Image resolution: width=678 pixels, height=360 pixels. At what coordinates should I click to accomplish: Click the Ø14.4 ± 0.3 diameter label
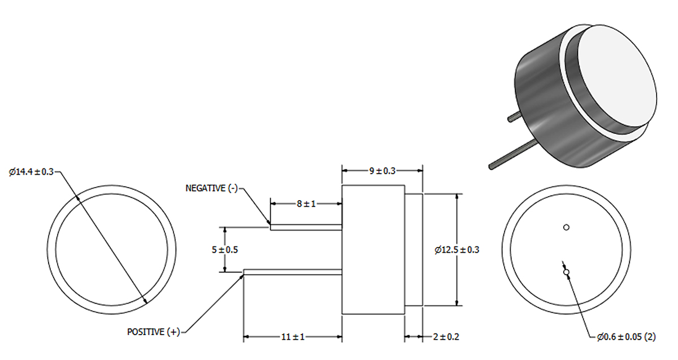pyautogui.click(x=32, y=172)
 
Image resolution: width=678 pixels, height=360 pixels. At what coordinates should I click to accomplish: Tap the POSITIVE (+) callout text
pyautogui.click(x=153, y=332)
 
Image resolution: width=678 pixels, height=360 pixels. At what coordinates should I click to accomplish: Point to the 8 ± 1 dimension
pyautogui.click(x=306, y=203)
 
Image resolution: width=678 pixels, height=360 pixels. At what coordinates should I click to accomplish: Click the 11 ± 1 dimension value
pyautogui.click(x=292, y=337)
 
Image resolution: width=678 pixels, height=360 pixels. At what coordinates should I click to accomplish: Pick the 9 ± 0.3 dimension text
pyautogui.click(x=383, y=171)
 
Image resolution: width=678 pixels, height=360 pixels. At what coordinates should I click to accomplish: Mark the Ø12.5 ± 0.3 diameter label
pyautogui.click(x=457, y=249)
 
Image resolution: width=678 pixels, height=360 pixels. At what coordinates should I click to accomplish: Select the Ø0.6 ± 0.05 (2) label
pyautogui.click(x=626, y=337)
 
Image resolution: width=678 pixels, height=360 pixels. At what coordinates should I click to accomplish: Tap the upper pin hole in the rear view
pyautogui.click(x=566, y=227)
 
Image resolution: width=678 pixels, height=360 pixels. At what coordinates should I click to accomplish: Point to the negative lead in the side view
pyautogui.click(x=306, y=227)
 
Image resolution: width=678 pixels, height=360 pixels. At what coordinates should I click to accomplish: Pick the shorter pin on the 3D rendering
pyautogui.click(x=515, y=117)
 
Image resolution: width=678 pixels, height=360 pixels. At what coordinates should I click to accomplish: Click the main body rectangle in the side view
pyautogui.click(x=373, y=249)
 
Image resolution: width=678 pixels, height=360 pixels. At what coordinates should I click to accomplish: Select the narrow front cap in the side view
pyautogui.click(x=414, y=249)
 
